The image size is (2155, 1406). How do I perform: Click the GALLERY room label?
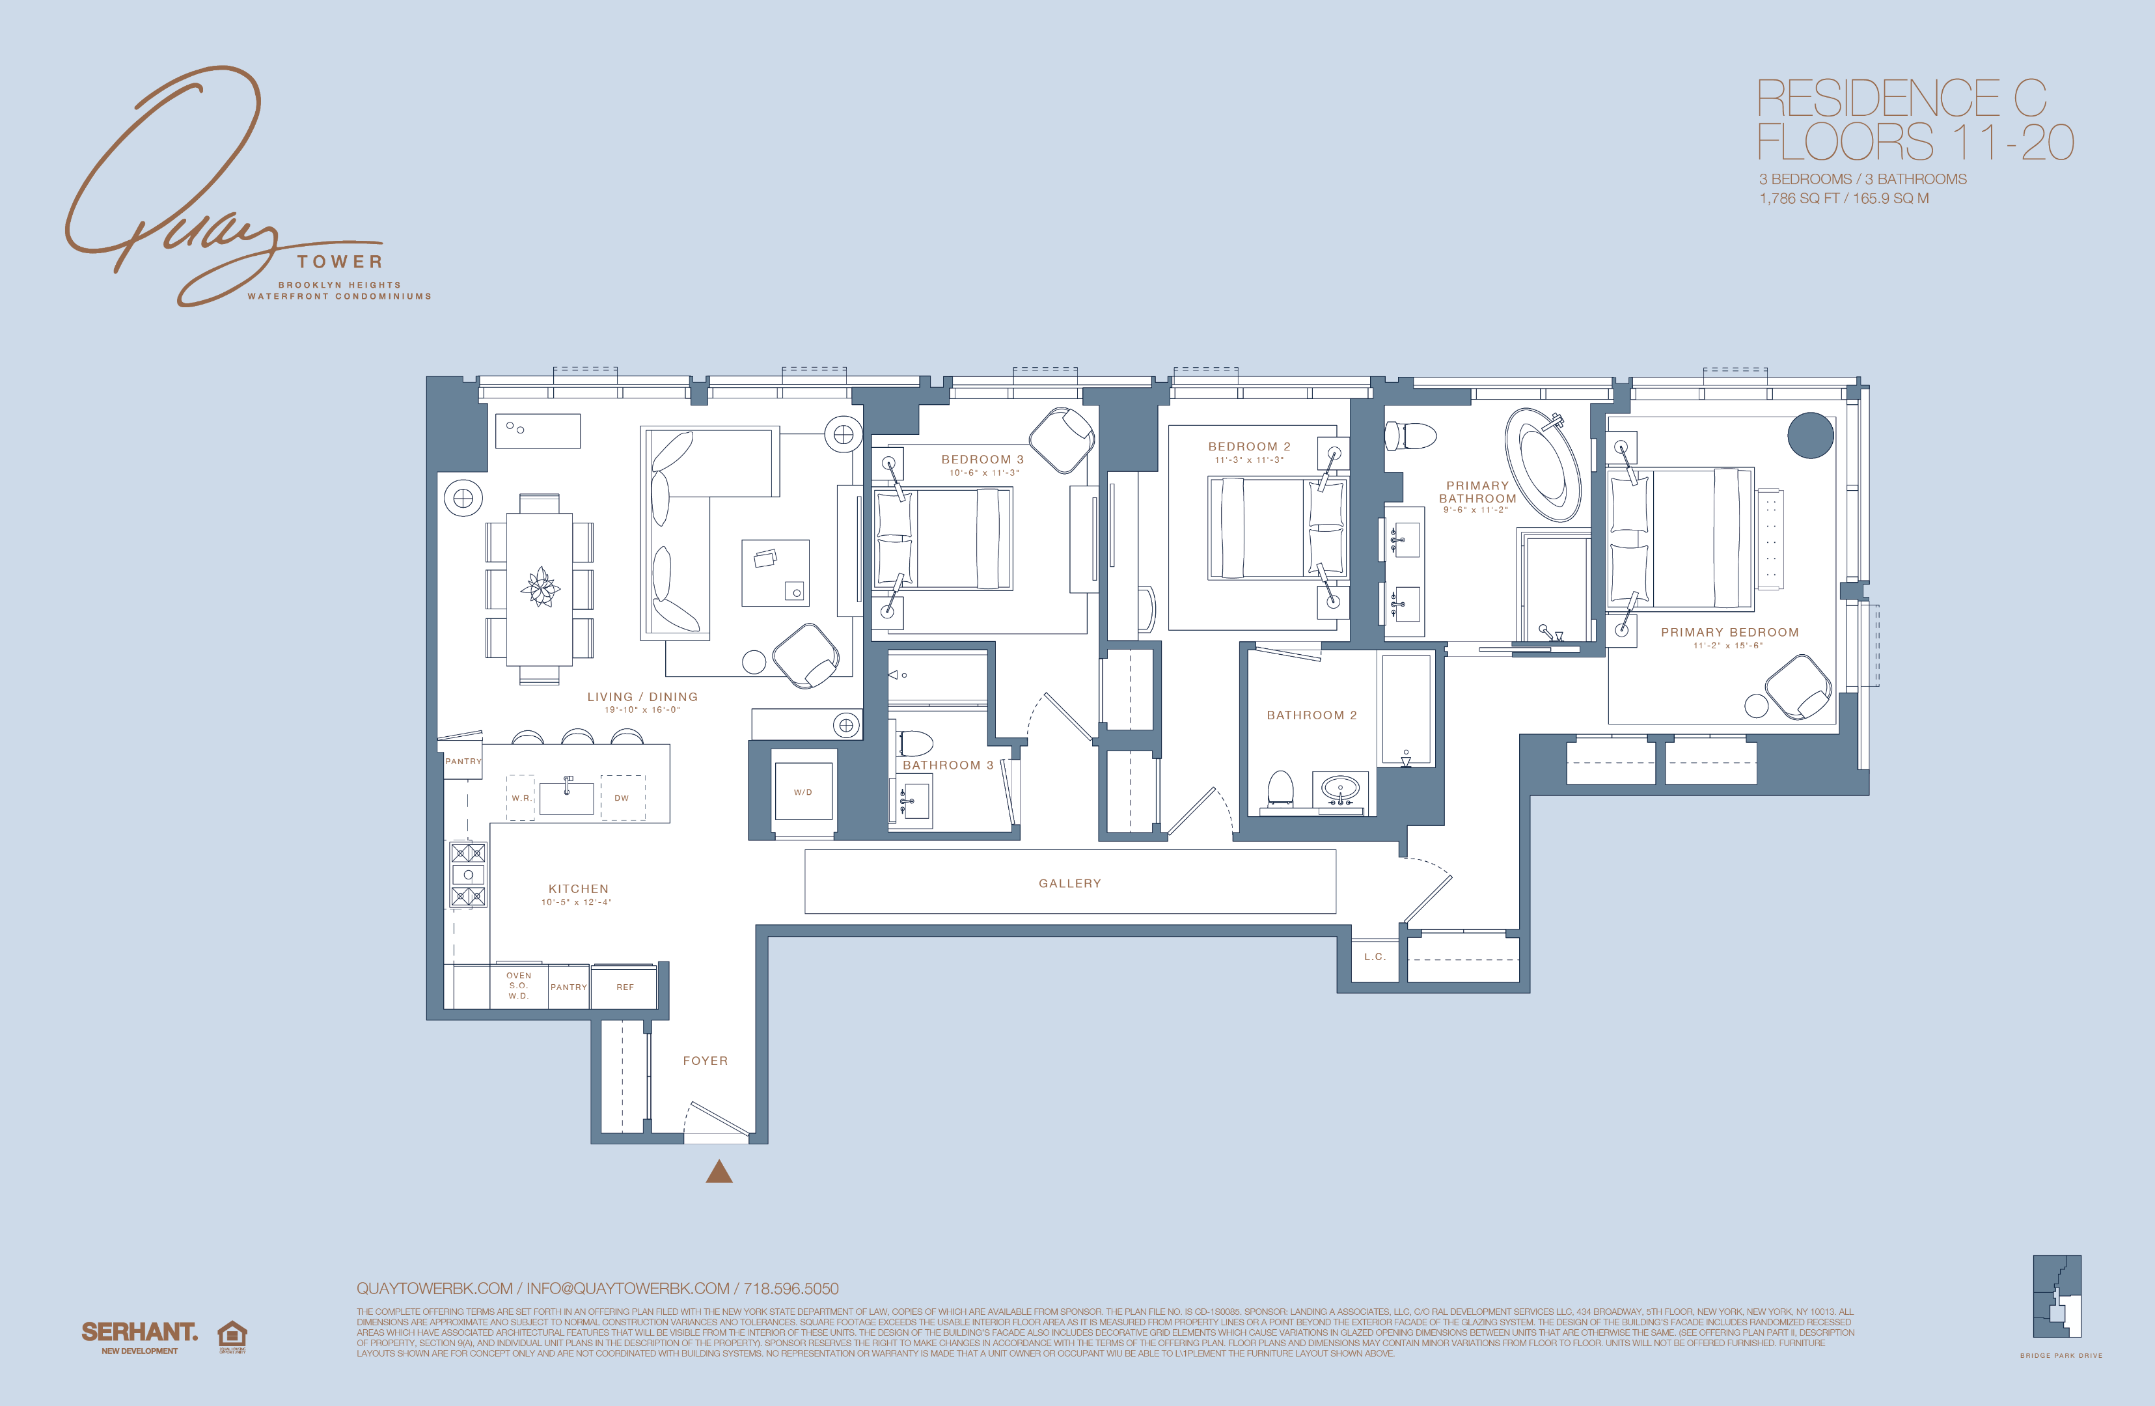[1069, 883]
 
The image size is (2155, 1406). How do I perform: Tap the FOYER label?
[704, 1061]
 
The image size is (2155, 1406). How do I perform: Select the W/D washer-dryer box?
[803, 792]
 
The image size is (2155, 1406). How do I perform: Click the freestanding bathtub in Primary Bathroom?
[1543, 465]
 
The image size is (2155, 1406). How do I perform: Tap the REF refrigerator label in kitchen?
[625, 987]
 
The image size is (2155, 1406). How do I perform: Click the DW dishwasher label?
[621, 797]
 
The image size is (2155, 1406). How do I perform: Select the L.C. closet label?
[1375, 957]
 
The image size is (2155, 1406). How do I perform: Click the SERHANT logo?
[139, 1332]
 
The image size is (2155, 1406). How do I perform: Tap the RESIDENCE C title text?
[1901, 99]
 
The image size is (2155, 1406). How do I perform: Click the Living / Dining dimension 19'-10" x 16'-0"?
[642, 710]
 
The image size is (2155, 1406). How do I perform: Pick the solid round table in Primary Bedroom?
[1810, 435]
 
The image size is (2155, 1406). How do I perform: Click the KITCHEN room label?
[579, 889]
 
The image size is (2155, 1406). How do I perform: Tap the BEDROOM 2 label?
[1248, 447]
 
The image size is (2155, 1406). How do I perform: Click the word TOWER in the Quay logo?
[340, 262]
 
